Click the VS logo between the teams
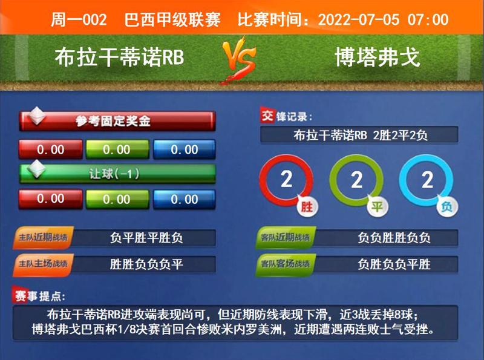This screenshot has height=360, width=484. [241, 60]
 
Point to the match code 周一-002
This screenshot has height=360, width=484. [79, 19]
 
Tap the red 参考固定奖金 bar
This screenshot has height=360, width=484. [117, 121]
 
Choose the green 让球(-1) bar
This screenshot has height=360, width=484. [117, 174]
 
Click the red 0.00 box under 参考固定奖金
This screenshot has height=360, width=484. [50, 149]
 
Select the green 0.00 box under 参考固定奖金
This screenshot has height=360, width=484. [117, 149]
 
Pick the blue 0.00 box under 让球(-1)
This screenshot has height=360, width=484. [184, 198]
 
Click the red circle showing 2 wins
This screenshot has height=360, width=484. [286, 180]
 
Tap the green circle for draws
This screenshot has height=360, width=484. [356, 180]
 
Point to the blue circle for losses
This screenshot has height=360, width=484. [427, 180]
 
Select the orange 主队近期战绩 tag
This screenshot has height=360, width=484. [40, 238]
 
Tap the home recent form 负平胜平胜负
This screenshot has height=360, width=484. [146, 238]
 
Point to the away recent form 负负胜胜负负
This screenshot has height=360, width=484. [394, 238]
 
